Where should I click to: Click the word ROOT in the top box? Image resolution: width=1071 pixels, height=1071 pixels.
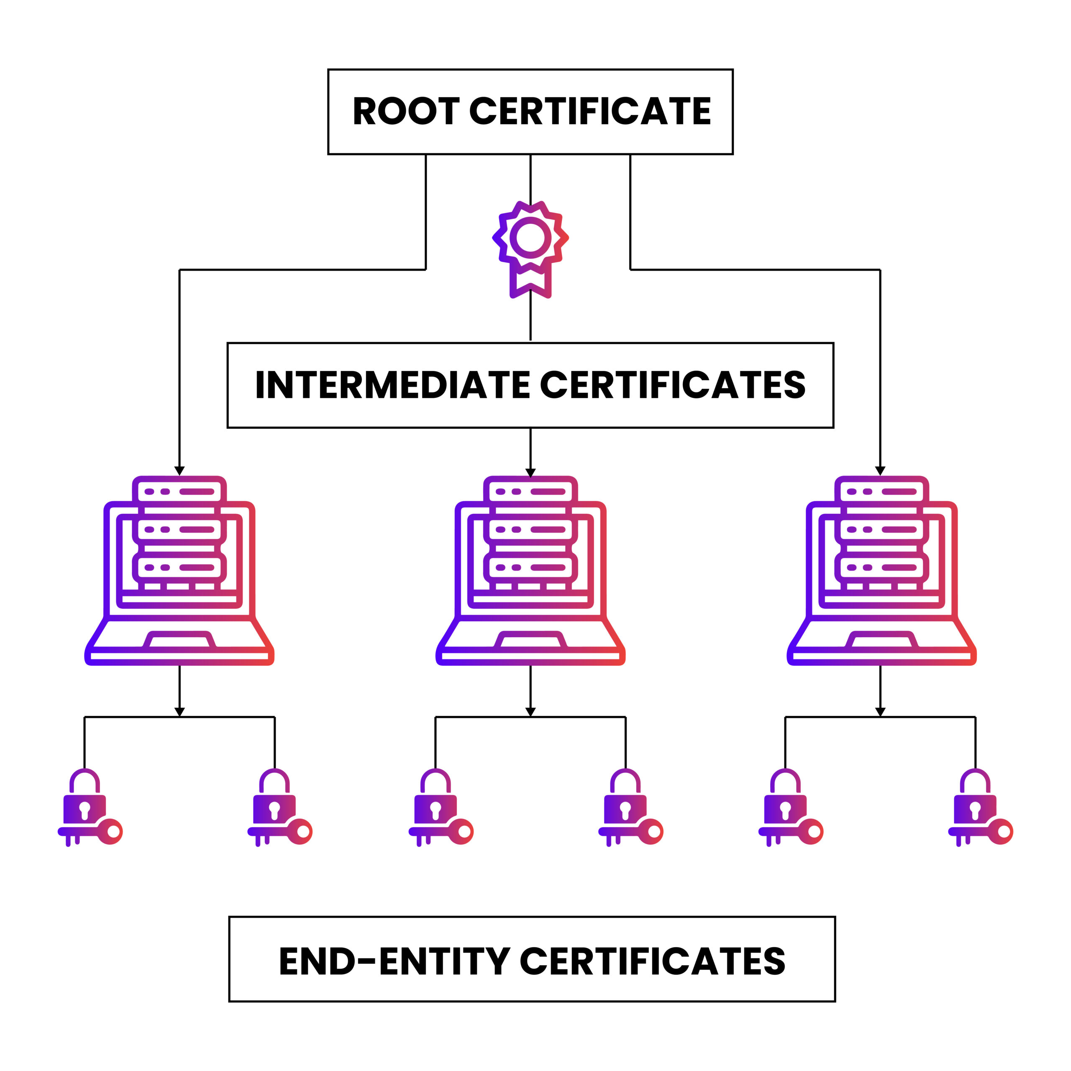(406, 111)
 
